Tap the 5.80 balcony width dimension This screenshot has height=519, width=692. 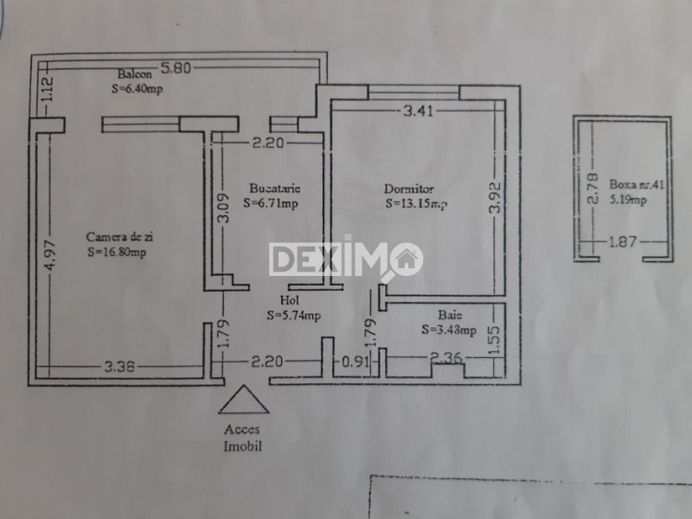point(178,67)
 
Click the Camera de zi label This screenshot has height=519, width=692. point(120,236)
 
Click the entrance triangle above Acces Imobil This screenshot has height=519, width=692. point(242,401)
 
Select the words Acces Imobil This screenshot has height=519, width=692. point(242,438)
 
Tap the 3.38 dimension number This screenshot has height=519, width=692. point(120,367)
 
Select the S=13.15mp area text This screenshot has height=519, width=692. point(417,204)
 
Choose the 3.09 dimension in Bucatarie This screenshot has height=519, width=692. point(223,211)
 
